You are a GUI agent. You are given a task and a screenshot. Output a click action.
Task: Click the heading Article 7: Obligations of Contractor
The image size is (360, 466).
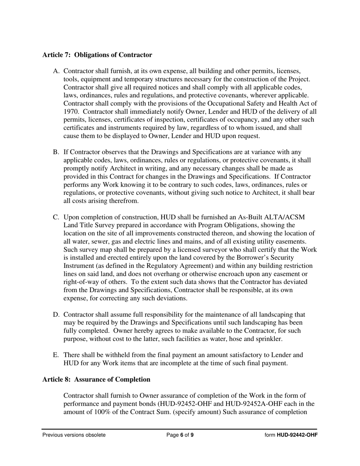click(97, 55)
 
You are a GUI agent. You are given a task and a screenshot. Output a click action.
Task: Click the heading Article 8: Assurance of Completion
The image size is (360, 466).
click(96, 379)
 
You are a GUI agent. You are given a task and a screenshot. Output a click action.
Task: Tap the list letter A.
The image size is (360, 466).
click(56, 71)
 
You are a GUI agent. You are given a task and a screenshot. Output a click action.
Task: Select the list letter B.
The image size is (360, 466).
click(56, 152)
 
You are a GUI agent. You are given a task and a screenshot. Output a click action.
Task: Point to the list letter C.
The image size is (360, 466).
click(56, 217)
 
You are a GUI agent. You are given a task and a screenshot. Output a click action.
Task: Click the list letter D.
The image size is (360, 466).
click(56, 315)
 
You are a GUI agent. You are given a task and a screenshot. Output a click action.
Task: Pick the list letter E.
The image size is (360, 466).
click(56, 355)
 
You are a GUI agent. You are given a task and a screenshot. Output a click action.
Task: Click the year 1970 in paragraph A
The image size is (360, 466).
click(71, 112)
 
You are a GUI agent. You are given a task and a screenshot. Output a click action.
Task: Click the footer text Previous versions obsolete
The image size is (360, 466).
click(74, 435)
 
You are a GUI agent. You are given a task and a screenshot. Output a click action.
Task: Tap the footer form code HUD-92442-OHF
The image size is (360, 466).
click(297, 435)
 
